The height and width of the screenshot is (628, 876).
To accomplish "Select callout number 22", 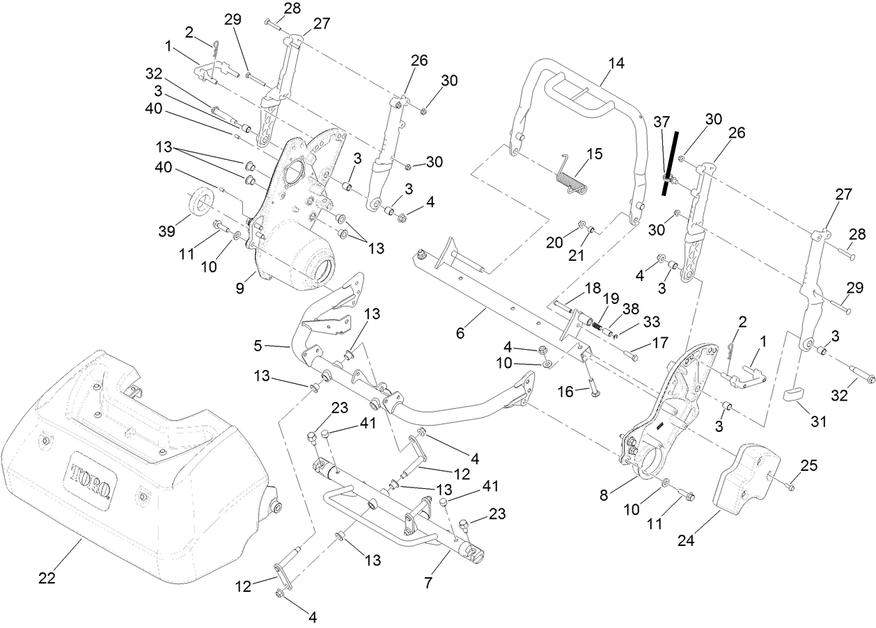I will pyautogui.click(x=47, y=579).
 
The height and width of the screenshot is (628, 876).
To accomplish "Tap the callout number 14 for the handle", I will pyautogui.click(x=616, y=63).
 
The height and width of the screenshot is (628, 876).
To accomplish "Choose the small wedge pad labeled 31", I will pyautogui.click(x=795, y=394).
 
